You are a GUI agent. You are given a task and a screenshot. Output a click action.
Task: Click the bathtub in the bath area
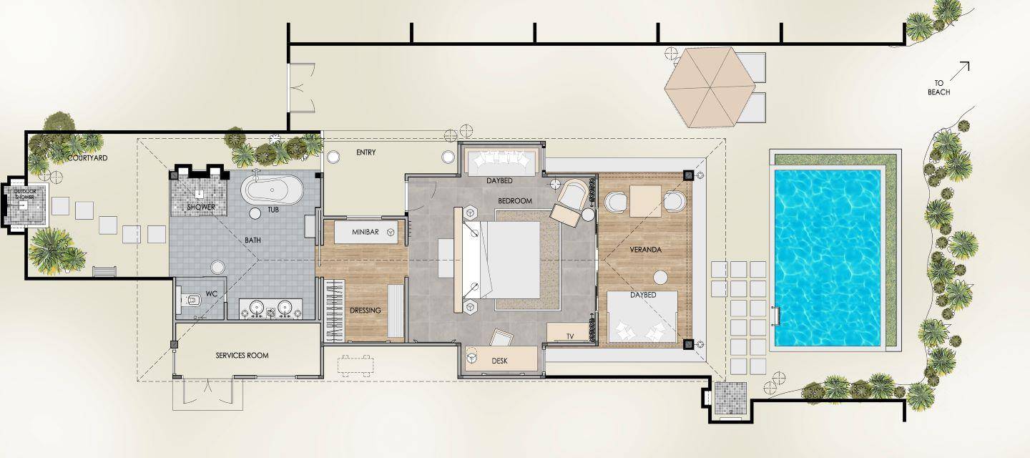pyautogui.click(x=273, y=190)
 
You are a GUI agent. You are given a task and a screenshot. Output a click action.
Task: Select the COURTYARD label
pyautogui.click(x=87, y=157)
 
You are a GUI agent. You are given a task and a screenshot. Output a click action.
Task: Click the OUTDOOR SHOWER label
pyautogui.click(x=24, y=194)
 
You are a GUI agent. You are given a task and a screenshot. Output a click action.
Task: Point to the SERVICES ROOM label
pyautogui.click(x=242, y=356)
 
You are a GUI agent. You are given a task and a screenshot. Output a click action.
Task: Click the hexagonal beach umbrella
pyautogui.click(x=710, y=87)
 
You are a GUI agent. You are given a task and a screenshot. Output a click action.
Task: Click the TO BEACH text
pyautogui.click(x=938, y=87)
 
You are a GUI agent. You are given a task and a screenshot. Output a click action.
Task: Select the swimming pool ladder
pyautogui.click(x=776, y=316)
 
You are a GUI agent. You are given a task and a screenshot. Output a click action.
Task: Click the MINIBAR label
pyautogui.click(x=365, y=232)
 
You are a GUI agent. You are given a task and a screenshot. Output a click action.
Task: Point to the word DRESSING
pyautogui.click(x=365, y=311)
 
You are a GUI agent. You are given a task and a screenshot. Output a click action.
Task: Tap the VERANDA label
pyautogui.click(x=646, y=250)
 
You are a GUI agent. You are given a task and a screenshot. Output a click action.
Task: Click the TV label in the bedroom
pyautogui.click(x=570, y=336)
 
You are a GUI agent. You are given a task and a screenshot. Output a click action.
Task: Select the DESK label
pyautogui.click(x=499, y=361)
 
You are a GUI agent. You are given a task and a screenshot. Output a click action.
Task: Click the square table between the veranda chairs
pyautogui.click(x=646, y=200)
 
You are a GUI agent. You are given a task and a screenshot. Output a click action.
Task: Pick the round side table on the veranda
pyautogui.click(x=661, y=277)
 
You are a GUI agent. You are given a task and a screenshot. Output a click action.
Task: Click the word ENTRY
pyautogui.click(x=366, y=152)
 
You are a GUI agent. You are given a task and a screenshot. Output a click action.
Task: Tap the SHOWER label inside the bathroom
pyautogui.click(x=201, y=208)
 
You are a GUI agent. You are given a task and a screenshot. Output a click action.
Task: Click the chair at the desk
pyautogui.click(x=501, y=338)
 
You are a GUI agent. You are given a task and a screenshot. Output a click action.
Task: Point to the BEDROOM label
pyautogui.click(x=515, y=201)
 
